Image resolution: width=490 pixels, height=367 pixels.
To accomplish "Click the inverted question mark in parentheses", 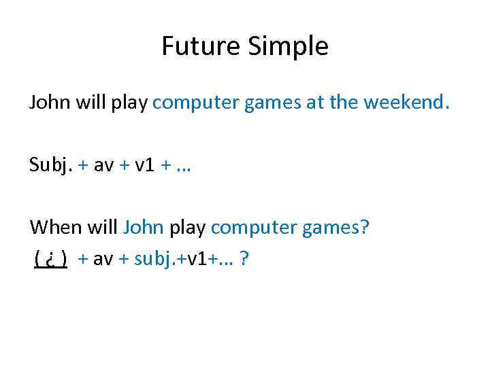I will (51, 259).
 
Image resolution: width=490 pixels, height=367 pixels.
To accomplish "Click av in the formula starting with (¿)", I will (103, 259).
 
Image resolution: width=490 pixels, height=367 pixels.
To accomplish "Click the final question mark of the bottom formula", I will (243, 259).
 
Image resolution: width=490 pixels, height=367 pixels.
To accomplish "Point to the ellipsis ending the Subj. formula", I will (182, 165).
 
